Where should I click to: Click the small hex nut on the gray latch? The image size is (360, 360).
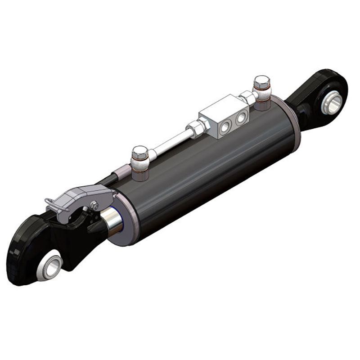(94, 205)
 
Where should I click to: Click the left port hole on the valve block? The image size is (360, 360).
(229, 122)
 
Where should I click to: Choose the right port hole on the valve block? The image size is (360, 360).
(242, 116)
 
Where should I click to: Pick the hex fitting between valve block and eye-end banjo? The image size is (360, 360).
(247, 96)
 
